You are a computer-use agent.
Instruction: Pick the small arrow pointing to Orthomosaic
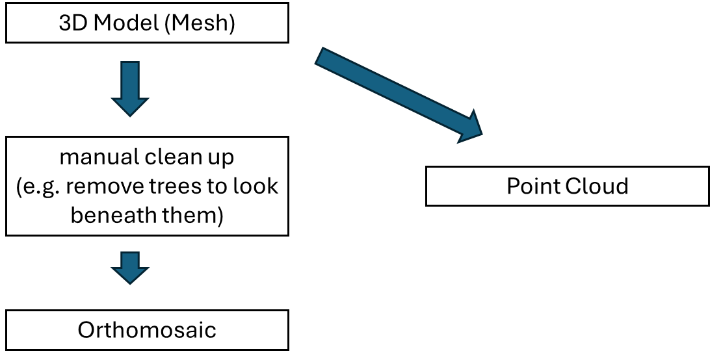coord(130,266)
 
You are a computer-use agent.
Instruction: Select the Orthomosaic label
coord(147,330)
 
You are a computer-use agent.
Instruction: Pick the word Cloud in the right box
coord(596,186)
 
